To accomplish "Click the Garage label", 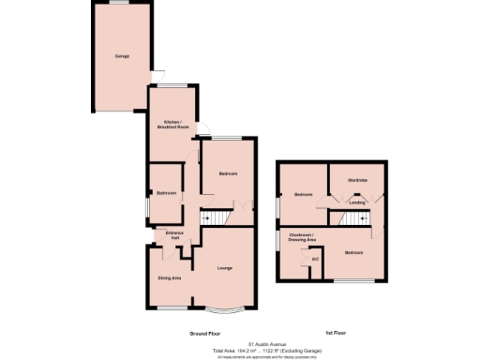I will coord(122,56).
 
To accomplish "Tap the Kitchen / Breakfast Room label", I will coord(172,125).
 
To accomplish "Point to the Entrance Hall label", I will coord(175,235).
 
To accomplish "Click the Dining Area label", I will coord(170,277).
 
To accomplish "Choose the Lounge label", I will coord(226,270).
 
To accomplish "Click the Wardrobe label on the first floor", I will coord(357,179).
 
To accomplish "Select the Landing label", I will coord(357,202).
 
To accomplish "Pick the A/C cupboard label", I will coord(315,258).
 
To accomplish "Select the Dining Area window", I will coord(170,307).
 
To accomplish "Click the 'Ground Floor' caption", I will coord(204,334).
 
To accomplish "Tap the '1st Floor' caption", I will coord(337,334).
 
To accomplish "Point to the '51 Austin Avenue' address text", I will coord(265,343).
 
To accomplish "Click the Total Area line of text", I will coord(265,350).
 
